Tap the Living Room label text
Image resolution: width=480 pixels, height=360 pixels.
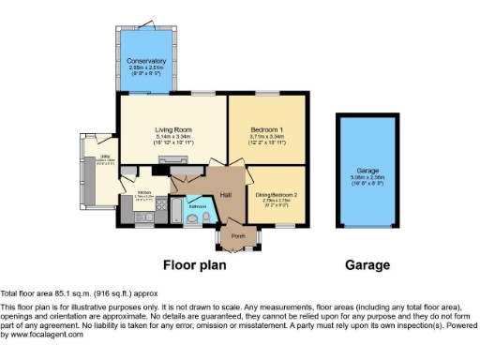[x=172, y=129]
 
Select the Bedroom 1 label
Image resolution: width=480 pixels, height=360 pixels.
[x=267, y=129]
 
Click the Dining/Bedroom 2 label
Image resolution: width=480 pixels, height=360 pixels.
[x=277, y=195]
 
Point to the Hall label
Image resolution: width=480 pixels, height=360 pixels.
[x=226, y=194]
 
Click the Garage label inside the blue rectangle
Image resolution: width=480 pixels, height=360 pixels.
[x=367, y=170]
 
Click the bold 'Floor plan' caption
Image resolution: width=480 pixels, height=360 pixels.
[x=197, y=265]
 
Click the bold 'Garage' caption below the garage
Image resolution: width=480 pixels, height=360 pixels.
[x=367, y=265]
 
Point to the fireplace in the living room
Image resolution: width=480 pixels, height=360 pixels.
[x=172, y=161]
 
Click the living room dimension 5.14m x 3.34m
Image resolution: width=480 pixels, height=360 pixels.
[x=172, y=137]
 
